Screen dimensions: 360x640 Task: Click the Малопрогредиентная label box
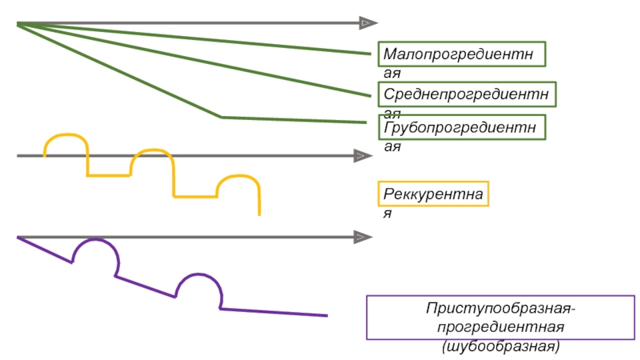[x=462, y=54]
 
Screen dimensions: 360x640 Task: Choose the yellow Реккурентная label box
[x=433, y=194]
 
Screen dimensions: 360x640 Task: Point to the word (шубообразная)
[x=501, y=346]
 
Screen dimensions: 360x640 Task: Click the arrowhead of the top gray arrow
[x=368, y=23]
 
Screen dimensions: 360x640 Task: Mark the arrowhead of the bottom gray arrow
[x=362, y=238]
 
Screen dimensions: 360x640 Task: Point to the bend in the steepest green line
[x=222, y=118]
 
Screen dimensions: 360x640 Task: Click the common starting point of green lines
[x=18, y=24]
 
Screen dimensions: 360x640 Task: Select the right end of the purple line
[x=326, y=315]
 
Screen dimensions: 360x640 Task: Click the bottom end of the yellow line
[x=259, y=214]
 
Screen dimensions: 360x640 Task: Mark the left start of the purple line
[x=18, y=238]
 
